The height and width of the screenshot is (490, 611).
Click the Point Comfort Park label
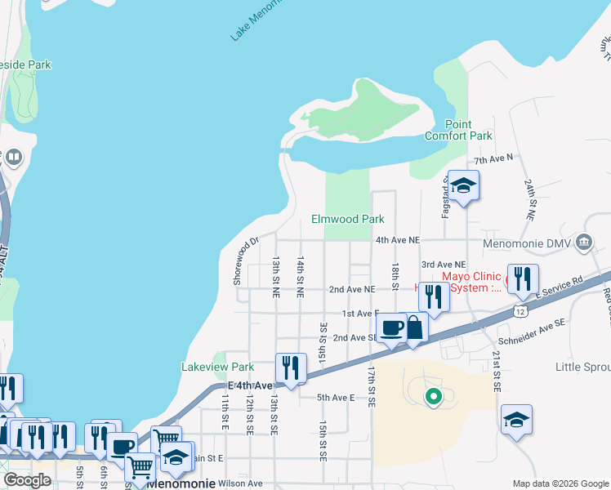click(x=458, y=130)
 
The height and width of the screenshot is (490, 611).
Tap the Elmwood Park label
click(x=347, y=219)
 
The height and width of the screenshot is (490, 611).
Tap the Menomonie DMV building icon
click(x=584, y=242)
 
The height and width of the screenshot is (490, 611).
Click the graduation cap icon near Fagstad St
click(x=463, y=188)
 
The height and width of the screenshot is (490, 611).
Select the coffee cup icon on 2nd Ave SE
click(x=393, y=328)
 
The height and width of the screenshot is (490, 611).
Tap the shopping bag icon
click(x=414, y=328)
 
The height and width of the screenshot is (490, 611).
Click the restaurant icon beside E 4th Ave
click(x=291, y=367)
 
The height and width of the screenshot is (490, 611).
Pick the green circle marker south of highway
click(x=434, y=397)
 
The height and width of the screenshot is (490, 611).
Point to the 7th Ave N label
click(x=494, y=158)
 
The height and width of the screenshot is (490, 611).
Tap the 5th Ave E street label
click(x=336, y=398)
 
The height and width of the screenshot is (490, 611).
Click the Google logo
click(x=27, y=479)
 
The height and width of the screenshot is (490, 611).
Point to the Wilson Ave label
click(x=243, y=483)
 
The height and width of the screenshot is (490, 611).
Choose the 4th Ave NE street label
click(x=397, y=240)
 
